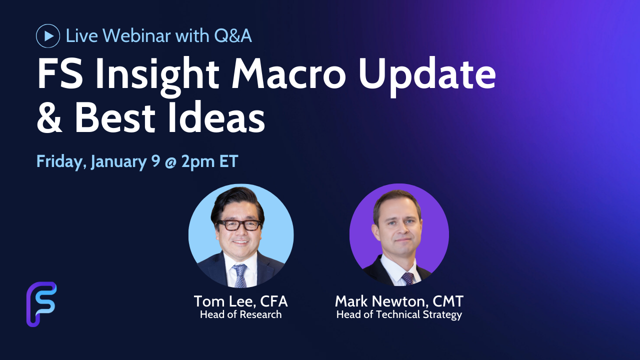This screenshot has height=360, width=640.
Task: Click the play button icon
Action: click(48, 36)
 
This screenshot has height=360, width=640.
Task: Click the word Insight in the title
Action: click(156, 74)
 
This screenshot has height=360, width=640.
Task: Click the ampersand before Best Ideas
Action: click(49, 117)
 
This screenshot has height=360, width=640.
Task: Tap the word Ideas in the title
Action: click(216, 117)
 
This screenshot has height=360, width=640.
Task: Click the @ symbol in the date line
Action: click(170, 162)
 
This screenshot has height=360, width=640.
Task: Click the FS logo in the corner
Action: click(41, 304)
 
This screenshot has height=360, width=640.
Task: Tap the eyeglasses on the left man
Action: click(239, 225)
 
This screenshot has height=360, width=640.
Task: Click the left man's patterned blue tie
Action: click(240, 275)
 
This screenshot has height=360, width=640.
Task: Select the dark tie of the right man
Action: click(407, 278)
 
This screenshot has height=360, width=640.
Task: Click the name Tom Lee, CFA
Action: click(240, 301)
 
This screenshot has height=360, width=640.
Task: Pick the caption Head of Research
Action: click(240, 314)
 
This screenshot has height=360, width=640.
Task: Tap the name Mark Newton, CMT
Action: click(399, 301)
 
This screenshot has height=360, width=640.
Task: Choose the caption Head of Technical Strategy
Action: click(399, 315)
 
